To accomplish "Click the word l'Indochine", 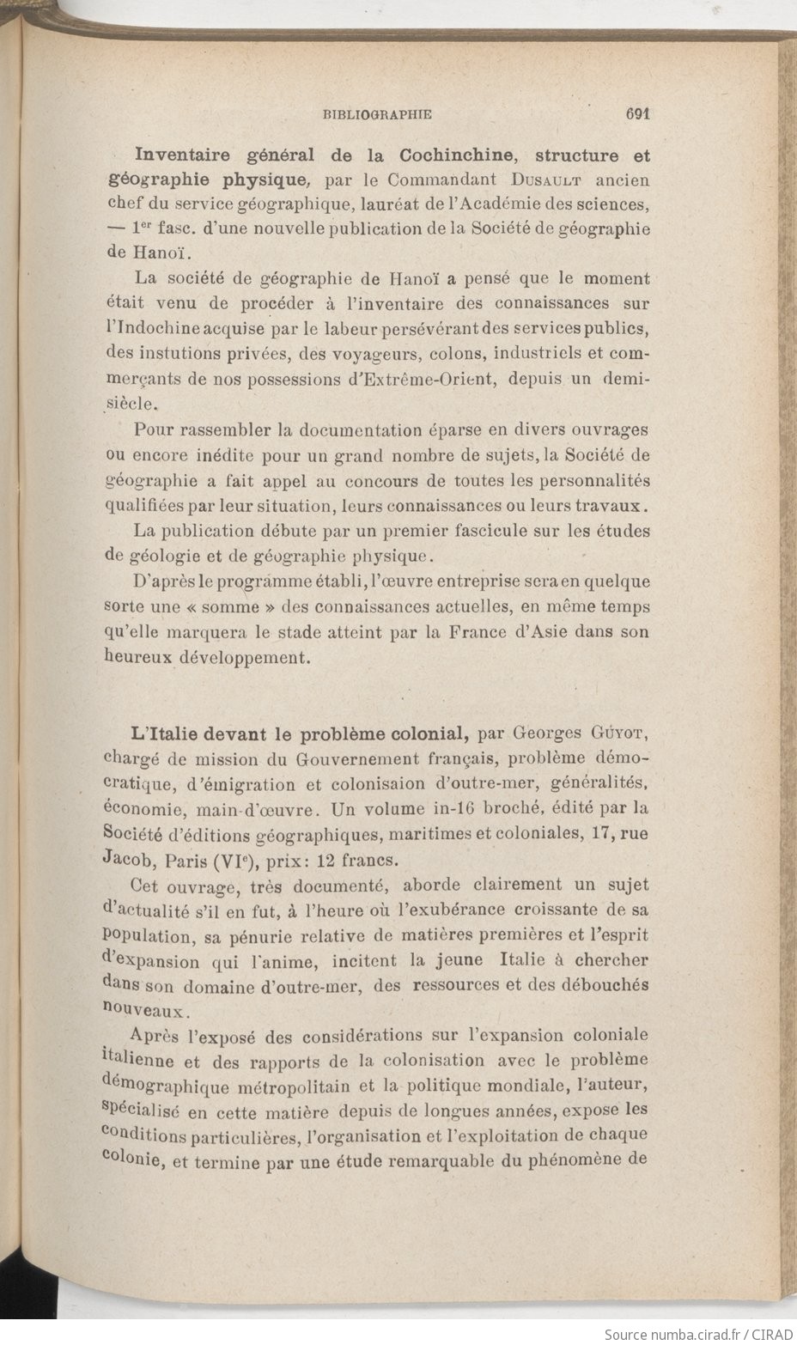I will point(153,328).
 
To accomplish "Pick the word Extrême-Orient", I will point(421,379).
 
